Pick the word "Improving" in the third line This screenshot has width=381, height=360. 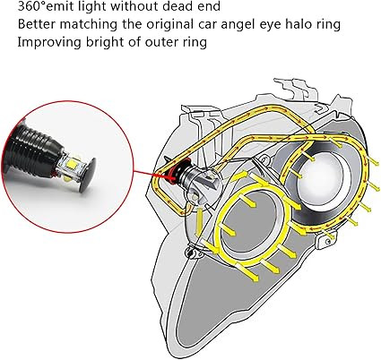click(49, 43)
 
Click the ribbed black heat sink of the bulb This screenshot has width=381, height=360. click(35, 146)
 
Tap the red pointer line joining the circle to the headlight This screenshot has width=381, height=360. click(150, 175)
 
